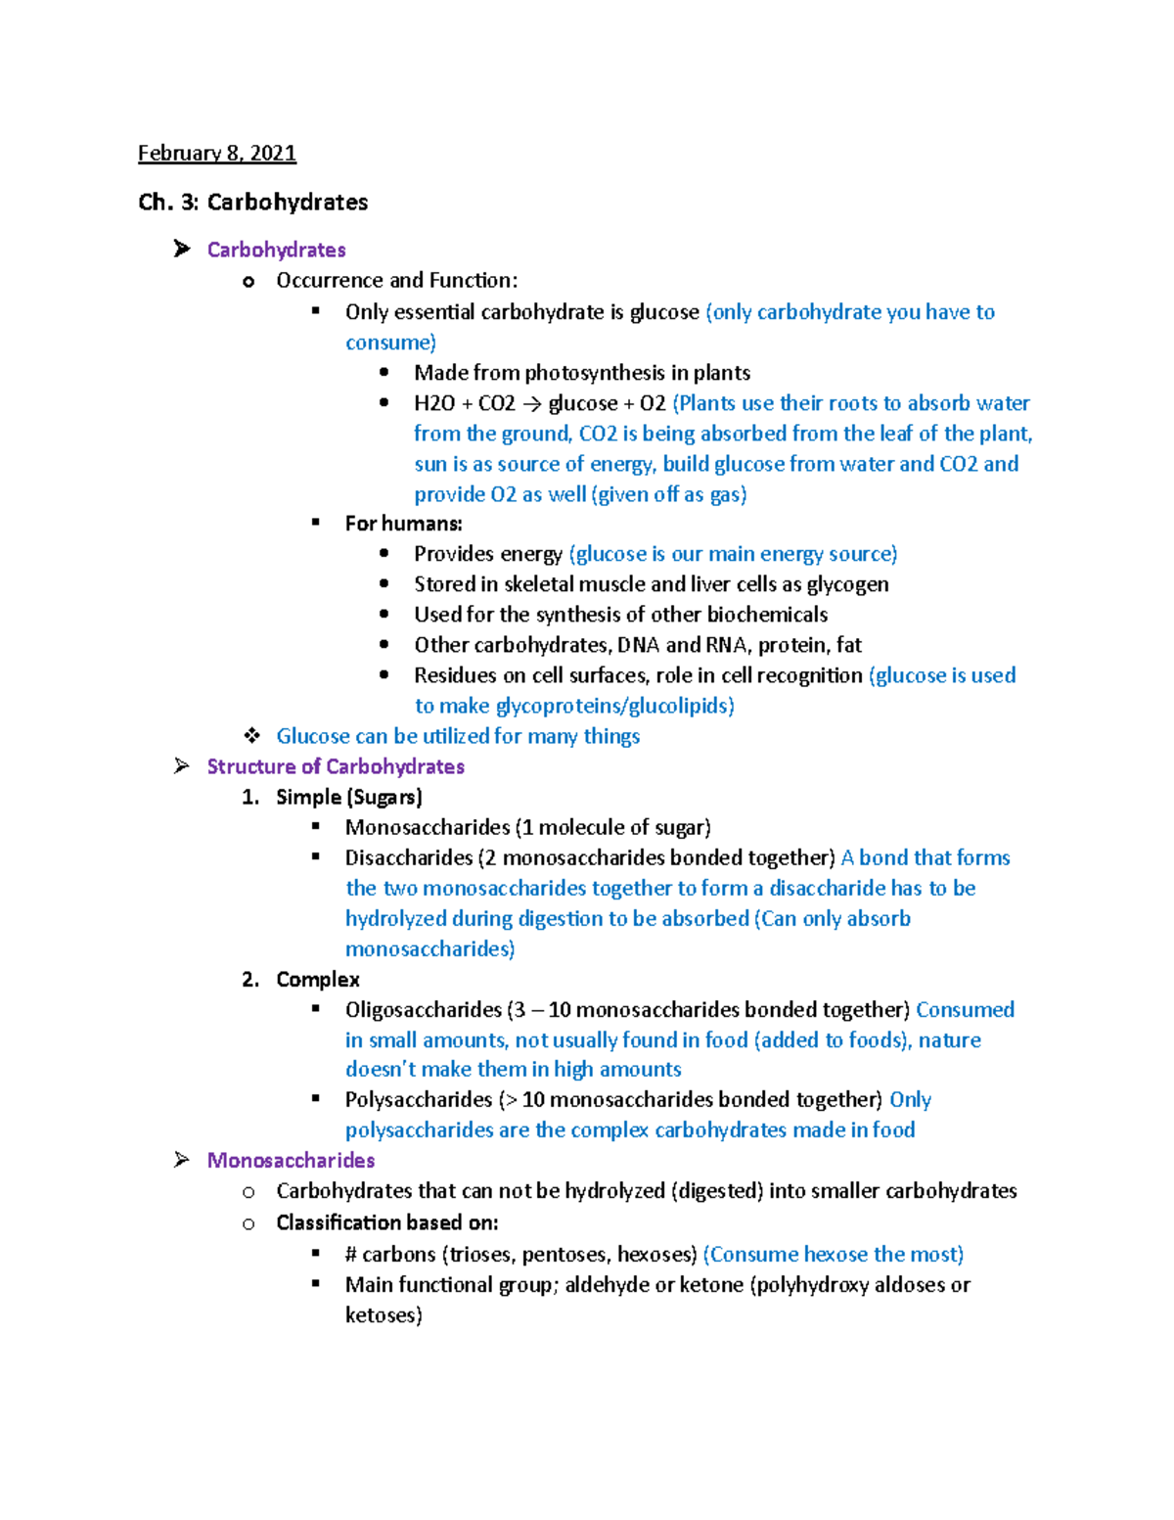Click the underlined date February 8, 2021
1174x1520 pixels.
216,153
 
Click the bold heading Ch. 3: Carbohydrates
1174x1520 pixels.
252,203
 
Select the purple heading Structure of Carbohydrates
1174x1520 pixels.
335,766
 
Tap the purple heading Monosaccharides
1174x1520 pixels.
291,1161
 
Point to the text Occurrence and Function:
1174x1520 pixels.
396,281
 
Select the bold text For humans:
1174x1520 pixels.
403,524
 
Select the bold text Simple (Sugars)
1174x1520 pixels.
348,797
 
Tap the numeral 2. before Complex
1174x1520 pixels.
250,980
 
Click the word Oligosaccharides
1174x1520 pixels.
423,1010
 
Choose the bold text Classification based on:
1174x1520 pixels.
386,1222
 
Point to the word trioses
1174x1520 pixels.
480,1255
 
